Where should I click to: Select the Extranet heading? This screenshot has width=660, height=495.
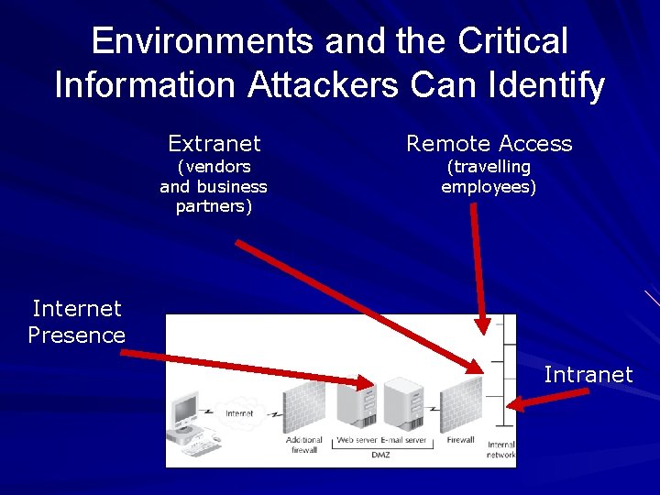(214, 143)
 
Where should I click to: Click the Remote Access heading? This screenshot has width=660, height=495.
(489, 143)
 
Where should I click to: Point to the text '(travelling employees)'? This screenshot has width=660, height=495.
(489, 177)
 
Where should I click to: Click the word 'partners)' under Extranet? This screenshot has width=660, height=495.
(214, 205)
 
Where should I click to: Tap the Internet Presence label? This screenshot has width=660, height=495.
(76, 322)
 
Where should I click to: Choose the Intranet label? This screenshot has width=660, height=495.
(588, 374)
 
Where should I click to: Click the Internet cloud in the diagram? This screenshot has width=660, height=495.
(240, 413)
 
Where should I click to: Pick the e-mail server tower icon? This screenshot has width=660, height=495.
(403, 404)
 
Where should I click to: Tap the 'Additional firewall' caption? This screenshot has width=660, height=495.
(303, 445)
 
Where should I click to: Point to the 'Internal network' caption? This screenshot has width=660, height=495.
(500, 449)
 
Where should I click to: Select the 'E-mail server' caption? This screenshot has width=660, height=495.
(404, 440)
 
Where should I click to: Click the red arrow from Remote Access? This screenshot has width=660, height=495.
(478, 266)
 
